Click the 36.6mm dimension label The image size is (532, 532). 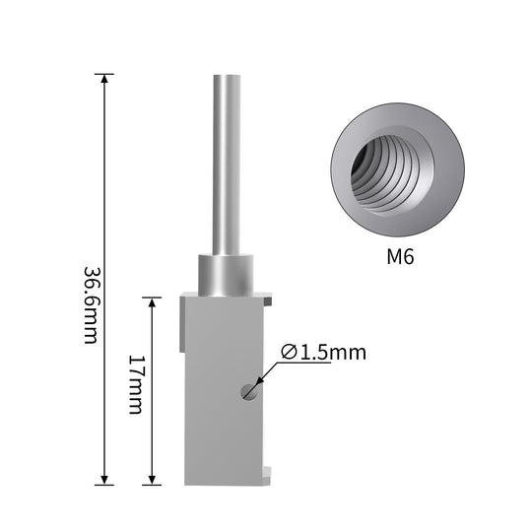pyautogui.click(x=92, y=305)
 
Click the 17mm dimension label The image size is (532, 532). pyautogui.click(x=137, y=384)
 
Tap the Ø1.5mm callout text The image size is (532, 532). pyautogui.click(x=324, y=352)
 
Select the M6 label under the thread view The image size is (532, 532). pyautogui.click(x=400, y=256)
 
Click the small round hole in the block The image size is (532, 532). pyautogui.click(x=250, y=392)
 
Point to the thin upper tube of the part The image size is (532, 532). pyautogui.click(x=227, y=165)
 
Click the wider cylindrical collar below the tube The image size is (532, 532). pyautogui.click(x=226, y=275)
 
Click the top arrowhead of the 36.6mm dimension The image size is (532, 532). pyautogui.click(x=104, y=79)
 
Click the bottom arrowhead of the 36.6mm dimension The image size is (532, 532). pyautogui.click(x=104, y=480)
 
